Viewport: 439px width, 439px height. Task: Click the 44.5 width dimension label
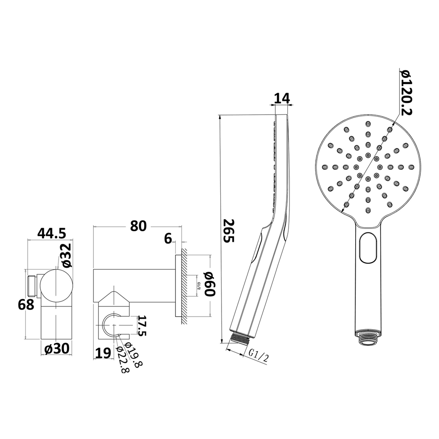pyautogui.click(x=52, y=233)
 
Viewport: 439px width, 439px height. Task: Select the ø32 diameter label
pyautogui.click(x=66, y=255)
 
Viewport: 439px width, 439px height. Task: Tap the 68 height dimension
pyautogui.click(x=26, y=304)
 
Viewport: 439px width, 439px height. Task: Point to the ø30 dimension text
pyautogui.click(x=57, y=348)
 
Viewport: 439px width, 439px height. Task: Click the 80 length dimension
pyautogui.click(x=138, y=226)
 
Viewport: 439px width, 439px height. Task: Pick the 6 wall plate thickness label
pyautogui.click(x=168, y=239)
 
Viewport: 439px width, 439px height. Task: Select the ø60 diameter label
pyautogui.click(x=208, y=284)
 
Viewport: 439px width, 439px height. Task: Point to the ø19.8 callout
pyautogui.click(x=134, y=354)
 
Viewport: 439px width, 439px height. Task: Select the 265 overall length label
pyautogui.click(x=229, y=231)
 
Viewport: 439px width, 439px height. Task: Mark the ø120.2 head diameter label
pyautogui.click(x=405, y=92)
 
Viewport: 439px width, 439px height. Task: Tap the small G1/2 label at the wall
pyautogui.click(x=199, y=285)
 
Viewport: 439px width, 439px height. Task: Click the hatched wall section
pyautogui.click(x=184, y=287)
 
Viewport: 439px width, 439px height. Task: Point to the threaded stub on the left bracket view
pyautogui.click(x=31, y=285)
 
